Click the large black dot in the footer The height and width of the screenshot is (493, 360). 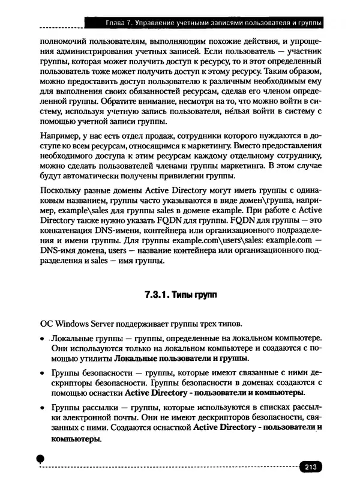(x=40, y=459)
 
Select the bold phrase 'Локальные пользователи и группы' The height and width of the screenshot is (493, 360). (x=181, y=358)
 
